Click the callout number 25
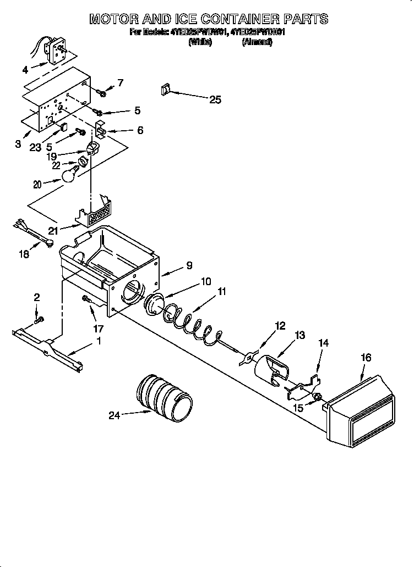[215, 99]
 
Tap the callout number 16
[365, 358]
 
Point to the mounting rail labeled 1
[50, 348]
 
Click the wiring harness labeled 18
[33, 232]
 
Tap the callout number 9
[189, 265]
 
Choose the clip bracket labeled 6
[100, 131]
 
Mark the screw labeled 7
[101, 92]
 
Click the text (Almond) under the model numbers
[257, 42]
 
